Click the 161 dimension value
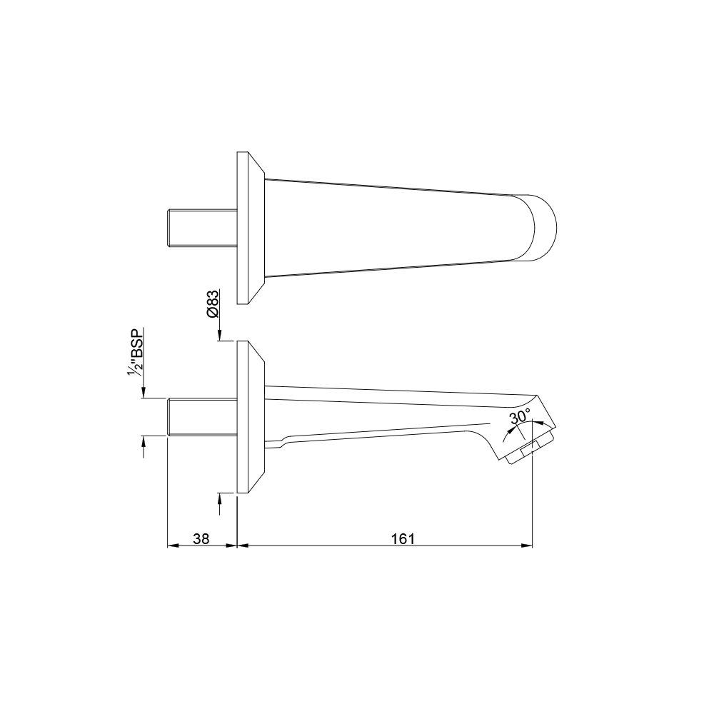tap(403, 538)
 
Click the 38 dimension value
tap(201, 538)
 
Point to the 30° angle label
tap(520, 416)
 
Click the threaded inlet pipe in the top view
tap(203, 228)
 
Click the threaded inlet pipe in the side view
tap(203, 417)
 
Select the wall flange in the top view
tap(251, 228)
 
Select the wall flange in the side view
tap(251, 417)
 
